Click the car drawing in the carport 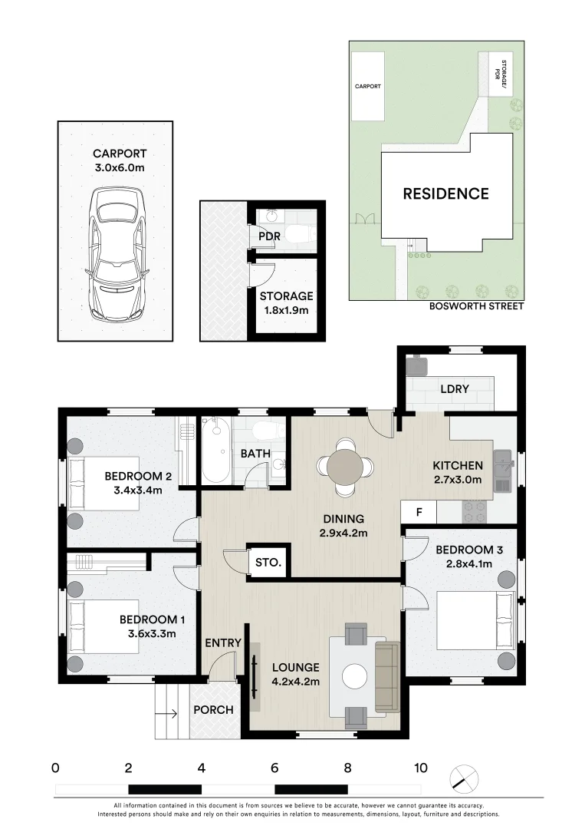[x=116, y=254]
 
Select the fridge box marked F [x=419, y=512]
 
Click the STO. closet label [x=268, y=562]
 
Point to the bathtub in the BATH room [x=215, y=450]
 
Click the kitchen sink [x=503, y=471]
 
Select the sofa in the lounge [x=388, y=677]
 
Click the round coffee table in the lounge [x=354, y=676]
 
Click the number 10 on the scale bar [x=421, y=768]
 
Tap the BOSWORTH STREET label [x=476, y=306]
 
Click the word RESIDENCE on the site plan [x=446, y=193]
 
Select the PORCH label [x=213, y=709]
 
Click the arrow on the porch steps [x=166, y=715]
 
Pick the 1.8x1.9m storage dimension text [x=286, y=310]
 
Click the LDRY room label [x=455, y=388]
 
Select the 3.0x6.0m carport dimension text [x=120, y=167]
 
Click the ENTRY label [x=223, y=643]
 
